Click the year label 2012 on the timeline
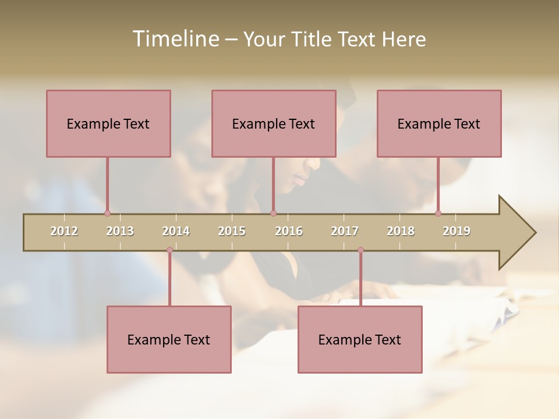point(64,231)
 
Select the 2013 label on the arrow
point(120,231)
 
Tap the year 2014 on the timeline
point(176,231)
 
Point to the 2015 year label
point(232,231)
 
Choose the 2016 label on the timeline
point(289,231)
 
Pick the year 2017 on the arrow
point(345,231)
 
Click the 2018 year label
point(401,231)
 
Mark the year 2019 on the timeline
point(457,231)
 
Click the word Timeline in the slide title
point(175,39)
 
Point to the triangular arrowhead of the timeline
point(516,233)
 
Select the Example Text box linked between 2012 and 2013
point(108,124)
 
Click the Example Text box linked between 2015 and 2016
point(274,124)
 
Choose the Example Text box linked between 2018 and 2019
point(439,124)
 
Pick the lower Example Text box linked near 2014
point(169,340)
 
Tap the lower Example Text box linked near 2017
point(360,340)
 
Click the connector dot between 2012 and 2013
point(107,214)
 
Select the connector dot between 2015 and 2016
point(273,214)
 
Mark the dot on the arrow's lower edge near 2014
point(169,250)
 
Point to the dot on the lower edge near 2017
point(360,250)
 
